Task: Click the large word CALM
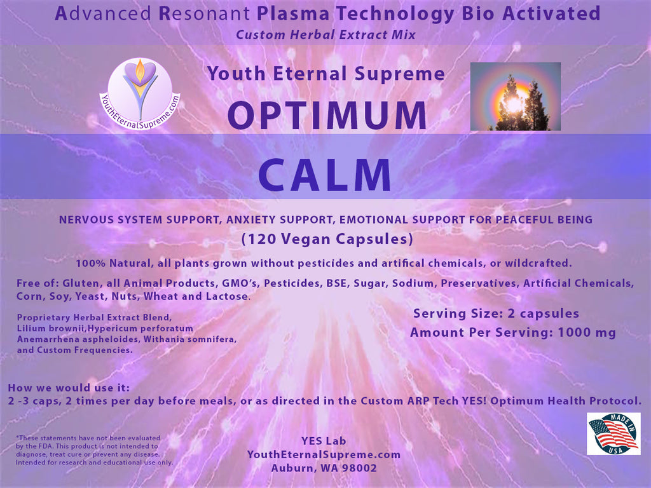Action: [325, 175]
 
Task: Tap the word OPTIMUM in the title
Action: [327, 116]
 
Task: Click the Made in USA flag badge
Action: [613, 433]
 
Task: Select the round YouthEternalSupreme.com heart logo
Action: [140, 94]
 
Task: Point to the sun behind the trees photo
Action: [515, 97]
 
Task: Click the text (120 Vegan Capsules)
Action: [327, 239]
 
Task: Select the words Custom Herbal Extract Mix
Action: [325, 35]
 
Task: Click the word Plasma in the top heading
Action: [293, 14]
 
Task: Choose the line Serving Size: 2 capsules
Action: [496, 314]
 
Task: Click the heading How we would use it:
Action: [69, 388]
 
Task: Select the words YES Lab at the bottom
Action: [324, 441]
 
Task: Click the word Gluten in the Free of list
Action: [81, 283]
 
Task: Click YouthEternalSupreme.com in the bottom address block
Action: [324, 455]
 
